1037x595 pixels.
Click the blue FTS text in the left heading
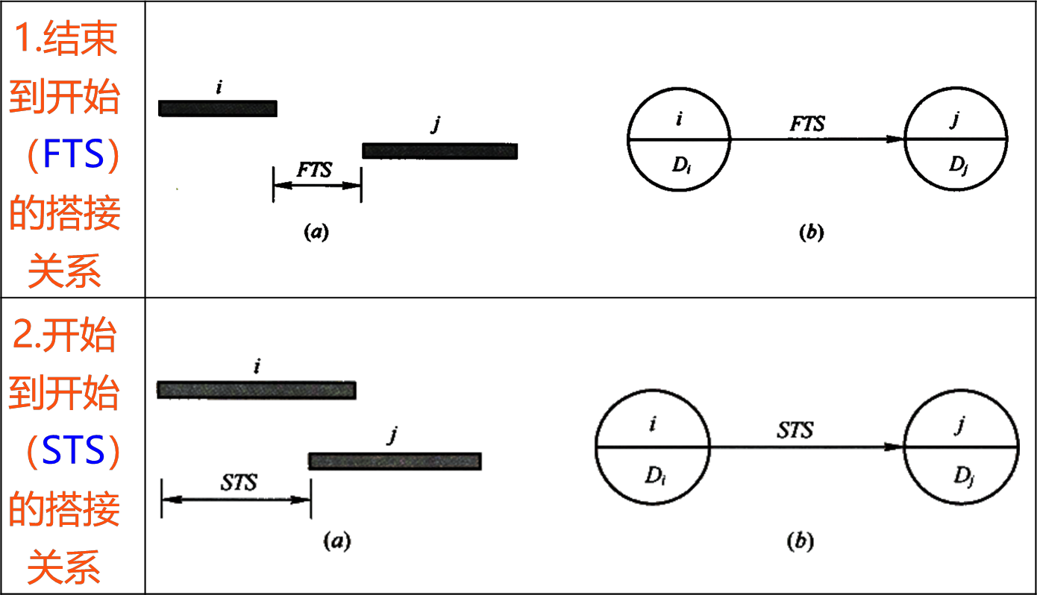click(x=73, y=154)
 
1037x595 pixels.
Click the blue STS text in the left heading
click(x=73, y=450)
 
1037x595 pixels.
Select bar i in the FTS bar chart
click(x=218, y=108)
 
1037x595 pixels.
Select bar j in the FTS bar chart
click(x=440, y=151)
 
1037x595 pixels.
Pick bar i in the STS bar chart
click(x=257, y=390)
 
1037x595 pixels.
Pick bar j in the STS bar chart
click(x=395, y=462)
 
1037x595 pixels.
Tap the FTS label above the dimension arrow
click(x=314, y=170)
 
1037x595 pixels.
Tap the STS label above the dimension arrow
click(x=239, y=482)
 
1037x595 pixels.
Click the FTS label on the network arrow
click(x=807, y=124)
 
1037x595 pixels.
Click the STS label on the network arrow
click(x=795, y=429)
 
